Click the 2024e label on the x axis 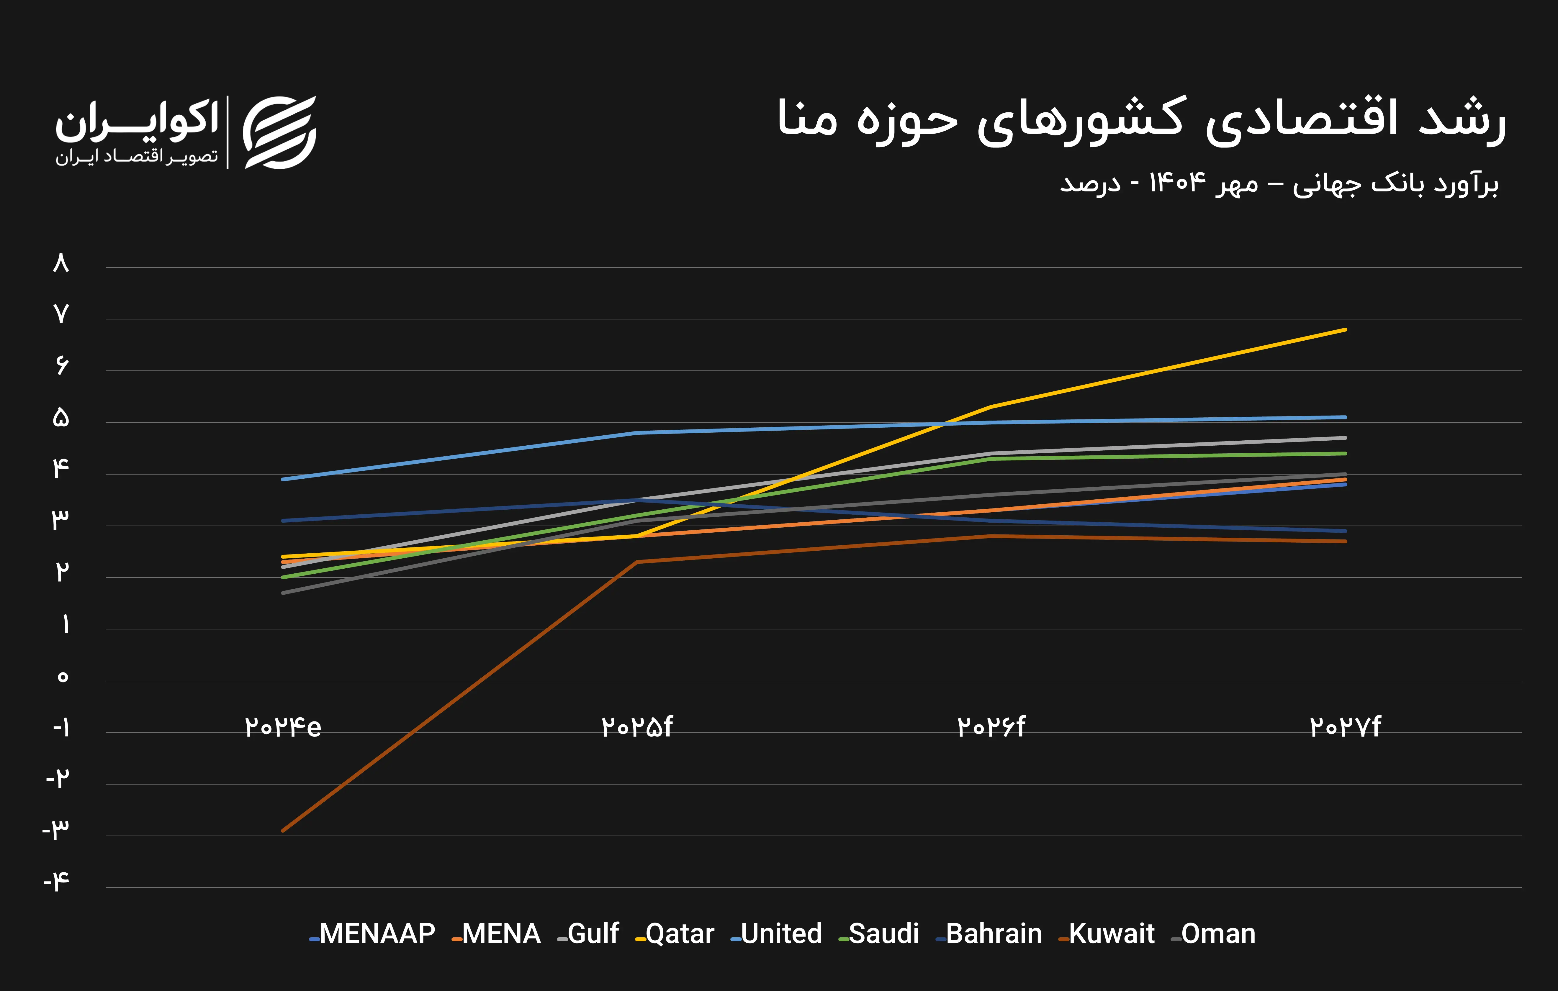[283, 727]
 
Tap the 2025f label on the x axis [637, 727]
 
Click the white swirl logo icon [279, 133]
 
